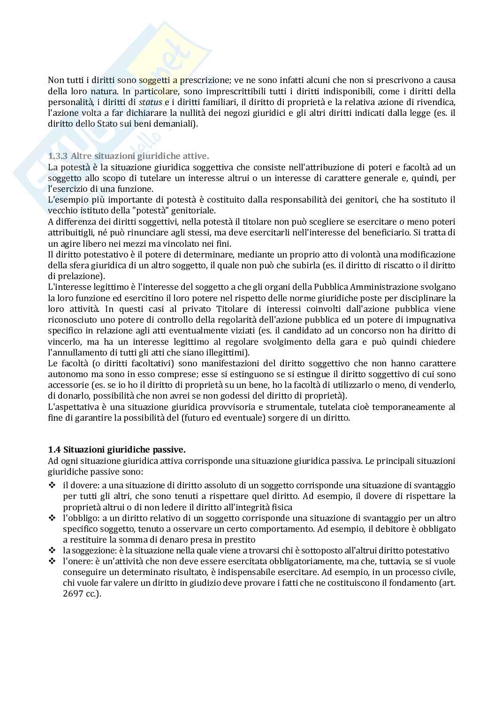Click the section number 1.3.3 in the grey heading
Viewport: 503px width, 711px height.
pos(58,156)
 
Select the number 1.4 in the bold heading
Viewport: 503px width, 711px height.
pos(54,450)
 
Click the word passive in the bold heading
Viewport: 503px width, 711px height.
pos(169,450)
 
